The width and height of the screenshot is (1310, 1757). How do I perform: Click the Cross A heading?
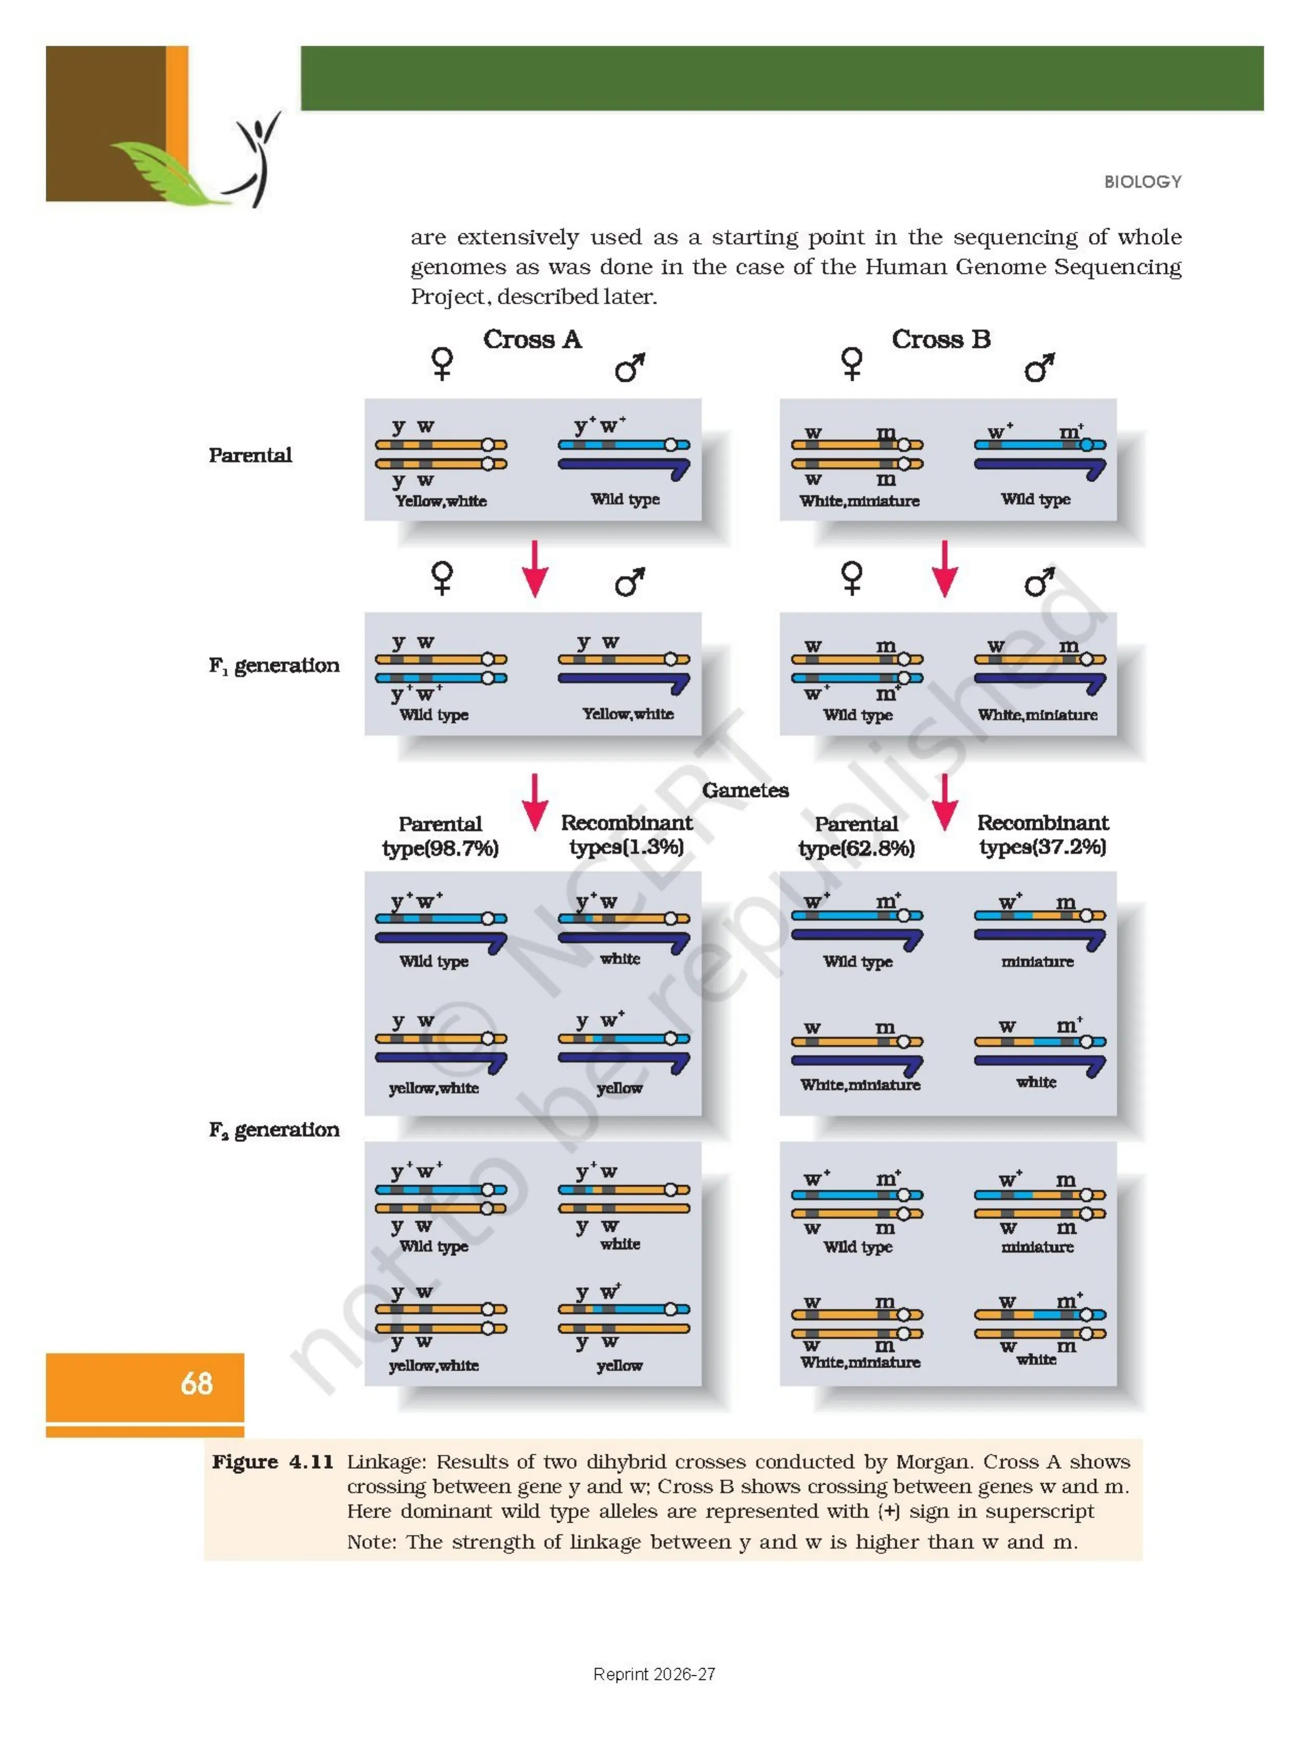click(x=532, y=340)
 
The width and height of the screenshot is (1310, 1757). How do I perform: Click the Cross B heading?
click(x=941, y=340)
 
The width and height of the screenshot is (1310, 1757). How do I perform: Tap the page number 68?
click(x=197, y=1384)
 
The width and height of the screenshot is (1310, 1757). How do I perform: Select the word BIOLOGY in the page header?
click(x=1143, y=181)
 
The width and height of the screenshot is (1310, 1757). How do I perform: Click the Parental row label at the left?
click(x=250, y=455)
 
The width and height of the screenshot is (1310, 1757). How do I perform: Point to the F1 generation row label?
click(x=274, y=665)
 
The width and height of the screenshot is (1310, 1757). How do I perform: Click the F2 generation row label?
click(x=274, y=1129)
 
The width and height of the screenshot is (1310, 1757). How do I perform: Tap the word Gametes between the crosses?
click(x=745, y=791)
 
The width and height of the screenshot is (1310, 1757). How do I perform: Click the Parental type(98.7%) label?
click(x=440, y=836)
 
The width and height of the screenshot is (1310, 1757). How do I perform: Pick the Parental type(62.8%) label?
click(x=856, y=836)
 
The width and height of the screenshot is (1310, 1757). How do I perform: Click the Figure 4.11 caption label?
click(x=272, y=1461)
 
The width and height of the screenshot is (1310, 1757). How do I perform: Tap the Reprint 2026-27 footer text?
click(x=654, y=1674)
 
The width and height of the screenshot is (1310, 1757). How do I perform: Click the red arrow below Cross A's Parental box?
click(x=534, y=569)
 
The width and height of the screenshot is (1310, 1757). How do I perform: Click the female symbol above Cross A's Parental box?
click(x=442, y=363)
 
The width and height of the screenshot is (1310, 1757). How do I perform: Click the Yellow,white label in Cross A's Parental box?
click(x=441, y=501)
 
